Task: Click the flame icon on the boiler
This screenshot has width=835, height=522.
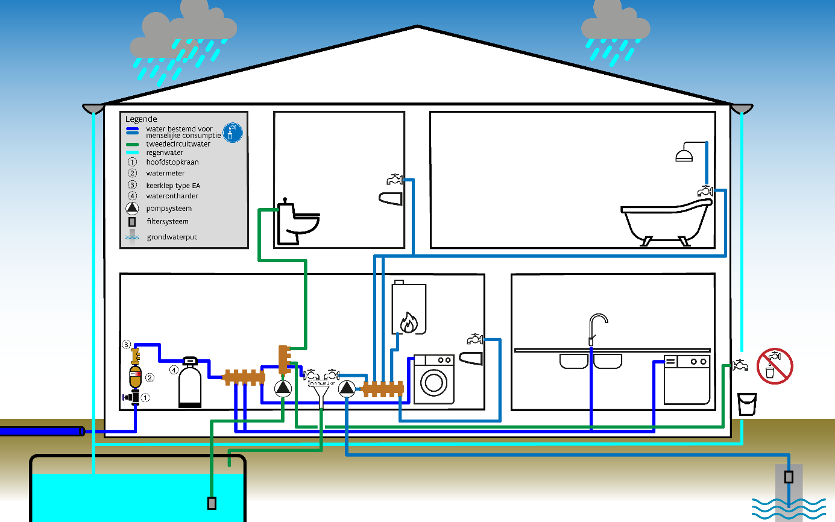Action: click(x=408, y=322)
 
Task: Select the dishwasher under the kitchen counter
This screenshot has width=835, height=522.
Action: click(x=687, y=380)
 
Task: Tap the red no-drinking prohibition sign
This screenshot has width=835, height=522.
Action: click(x=774, y=365)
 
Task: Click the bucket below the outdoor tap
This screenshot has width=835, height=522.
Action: click(x=747, y=403)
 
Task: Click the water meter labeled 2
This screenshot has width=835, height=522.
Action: click(x=136, y=377)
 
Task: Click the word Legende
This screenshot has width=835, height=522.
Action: click(x=141, y=119)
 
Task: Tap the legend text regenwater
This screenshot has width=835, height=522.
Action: click(x=164, y=153)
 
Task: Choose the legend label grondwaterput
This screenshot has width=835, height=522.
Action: click(x=172, y=237)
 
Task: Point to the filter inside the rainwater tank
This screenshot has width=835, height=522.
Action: click(x=212, y=503)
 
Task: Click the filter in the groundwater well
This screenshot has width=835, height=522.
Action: click(x=789, y=477)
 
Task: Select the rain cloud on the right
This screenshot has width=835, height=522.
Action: click(x=615, y=24)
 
